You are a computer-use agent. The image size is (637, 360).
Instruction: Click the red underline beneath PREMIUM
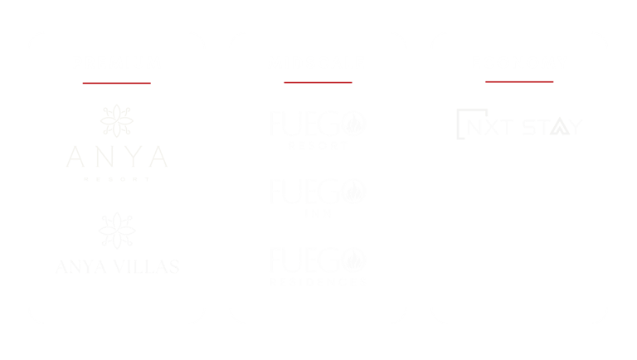point(117,83)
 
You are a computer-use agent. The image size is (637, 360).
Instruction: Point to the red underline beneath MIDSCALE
point(317,83)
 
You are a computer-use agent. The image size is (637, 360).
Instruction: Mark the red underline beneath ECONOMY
point(519,82)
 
